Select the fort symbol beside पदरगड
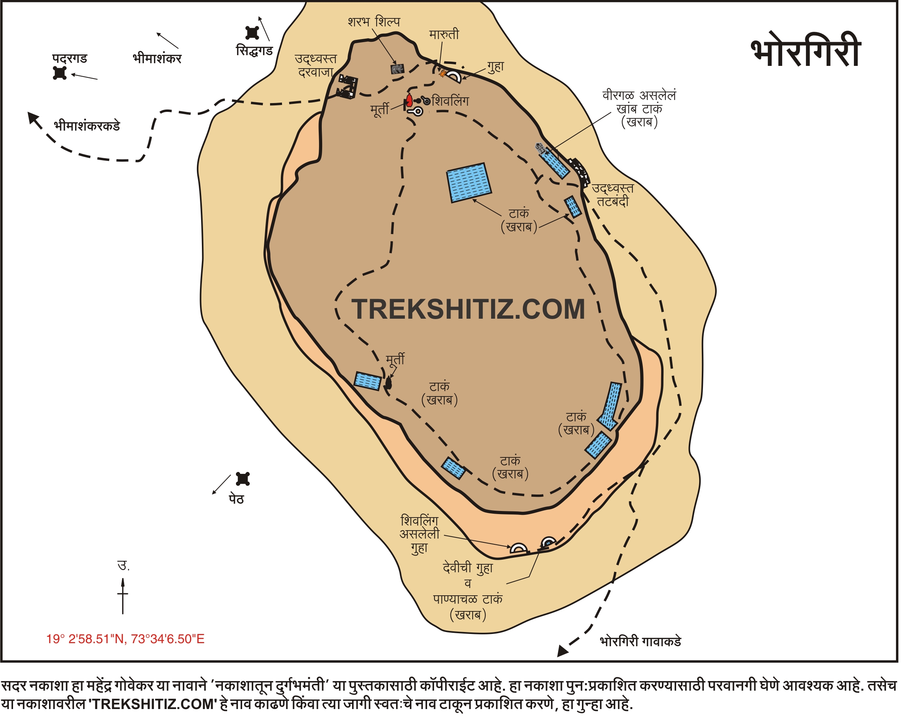[60, 73]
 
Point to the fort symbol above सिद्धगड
[252, 33]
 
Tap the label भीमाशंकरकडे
[87, 126]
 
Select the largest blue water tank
[469, 183]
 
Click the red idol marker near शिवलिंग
[409, 100]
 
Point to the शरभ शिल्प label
[374, 22]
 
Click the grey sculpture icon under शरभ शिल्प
[397, 69]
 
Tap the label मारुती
[444, 34]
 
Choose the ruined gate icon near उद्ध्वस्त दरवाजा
[347, 87]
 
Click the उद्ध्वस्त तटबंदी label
[613, 195]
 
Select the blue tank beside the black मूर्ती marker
[368, 381]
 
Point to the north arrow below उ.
[123, 596]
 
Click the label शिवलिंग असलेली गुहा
[419, 534]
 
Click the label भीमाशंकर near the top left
[157, 58]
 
